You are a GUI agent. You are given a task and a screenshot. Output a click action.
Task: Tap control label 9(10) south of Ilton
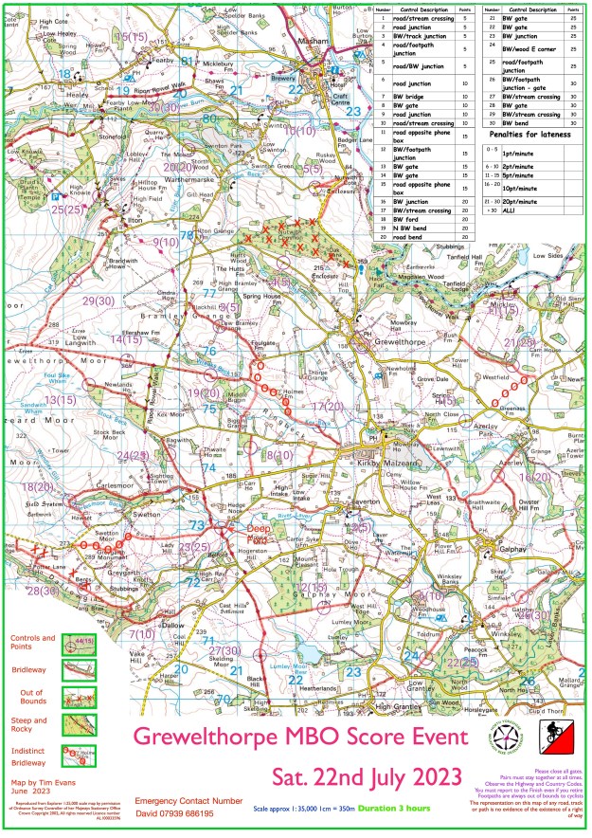point(165,244)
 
